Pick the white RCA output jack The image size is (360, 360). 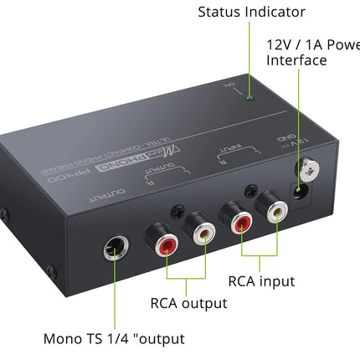pos(204,239)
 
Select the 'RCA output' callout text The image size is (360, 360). pos(189,303)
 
